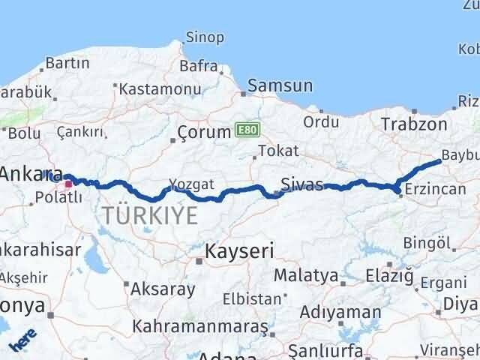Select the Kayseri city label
point(240,250)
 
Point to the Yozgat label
point(191,184)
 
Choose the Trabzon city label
point(414,124)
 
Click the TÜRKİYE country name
point(149,216)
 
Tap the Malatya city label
point(305,276)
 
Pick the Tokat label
point(277,151)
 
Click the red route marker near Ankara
point(68,183)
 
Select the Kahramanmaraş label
point(200,327)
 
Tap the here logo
point(22,338)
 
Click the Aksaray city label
point(163,289)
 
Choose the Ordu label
point(322,121)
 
